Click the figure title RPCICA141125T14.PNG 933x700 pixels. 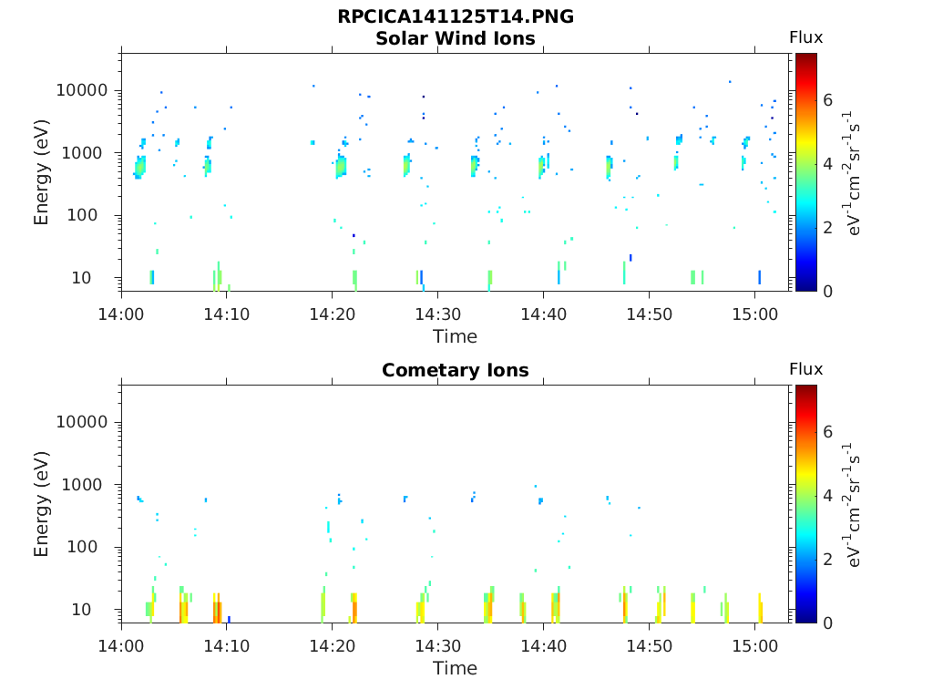pyautogui.click(x=455, y=17)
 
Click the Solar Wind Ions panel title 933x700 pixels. pyautogui.click(x=455, y=38)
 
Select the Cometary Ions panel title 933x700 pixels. pyautogui.click(x=455, y=370)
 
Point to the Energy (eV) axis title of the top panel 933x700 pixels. pyautogui.click(x=42, y=171)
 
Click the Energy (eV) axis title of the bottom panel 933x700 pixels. pyautogui.click(x=42, y=503)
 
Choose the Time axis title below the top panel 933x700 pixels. pyautogui.click(x=455, y=336)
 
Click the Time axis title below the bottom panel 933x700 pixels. pyautogui.click(x=455, y=668)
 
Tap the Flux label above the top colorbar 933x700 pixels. pyautogui.click(x=805, y=37)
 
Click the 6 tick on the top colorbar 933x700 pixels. pyautogui.click(x=828, y=100)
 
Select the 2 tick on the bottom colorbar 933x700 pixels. pyautogui.click(x=828, y=560)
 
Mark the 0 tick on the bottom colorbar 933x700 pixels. pyautogui.click(x=828, y=623)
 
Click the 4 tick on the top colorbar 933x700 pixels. pyautogui.click(x=828, y=164)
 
